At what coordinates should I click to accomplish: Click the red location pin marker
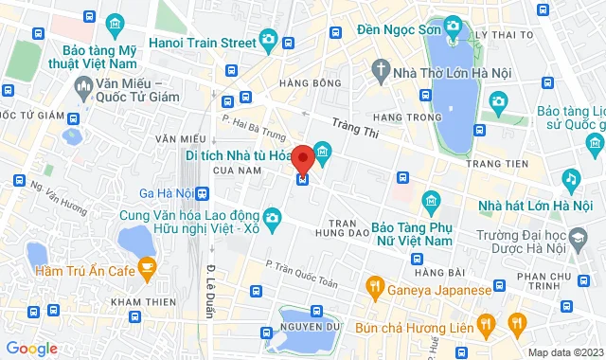coord(303,158)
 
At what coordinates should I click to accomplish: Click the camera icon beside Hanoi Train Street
coord(268,40)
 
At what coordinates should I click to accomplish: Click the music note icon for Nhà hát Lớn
coord(571,177)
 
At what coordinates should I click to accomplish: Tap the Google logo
coord(30,349)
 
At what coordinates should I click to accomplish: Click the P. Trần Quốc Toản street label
coord(301,272)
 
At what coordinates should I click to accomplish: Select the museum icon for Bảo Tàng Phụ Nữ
coord(431,201)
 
